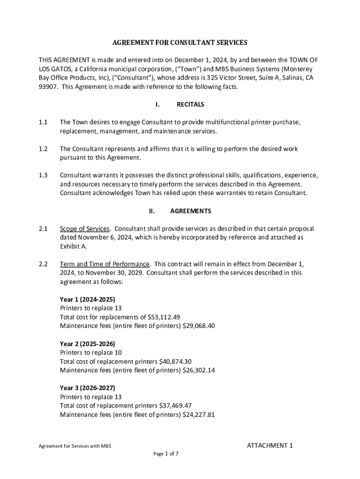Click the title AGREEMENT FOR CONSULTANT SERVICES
(180, 43)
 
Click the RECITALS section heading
(190, 104)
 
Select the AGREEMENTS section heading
(190, 211)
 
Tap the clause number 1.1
(43, 122)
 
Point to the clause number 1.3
(43, 175)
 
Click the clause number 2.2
(43, 264)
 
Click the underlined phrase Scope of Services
(85, 229)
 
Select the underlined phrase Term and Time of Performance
(105, 264)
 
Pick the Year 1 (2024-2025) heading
(87, 299)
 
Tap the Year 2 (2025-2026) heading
(87, 344)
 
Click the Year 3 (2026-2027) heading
(87, 388)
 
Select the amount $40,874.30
(175, 362)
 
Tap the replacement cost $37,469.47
(175, 406)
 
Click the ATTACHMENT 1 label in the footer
(270, 445)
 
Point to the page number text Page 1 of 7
(166, 454)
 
